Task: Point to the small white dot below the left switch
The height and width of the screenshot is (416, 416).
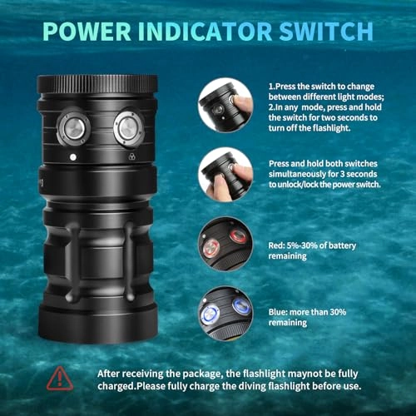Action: pyautogui.click(x=73, y=156)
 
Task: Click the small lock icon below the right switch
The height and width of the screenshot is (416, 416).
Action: pyautogui.click(x=131, y=156)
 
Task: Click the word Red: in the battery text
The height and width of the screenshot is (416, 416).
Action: pyautogui.click(x=279, y=246)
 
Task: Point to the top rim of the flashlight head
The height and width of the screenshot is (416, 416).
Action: pyautogui.click(x=98, y=82)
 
